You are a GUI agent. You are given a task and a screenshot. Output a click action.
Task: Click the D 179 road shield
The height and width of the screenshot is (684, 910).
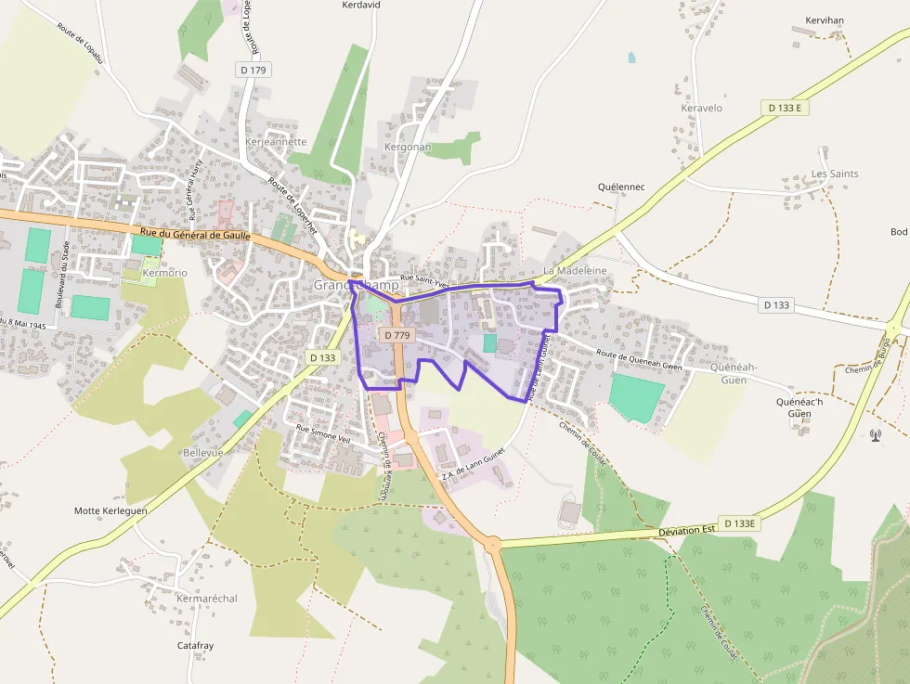(x=252, y=70)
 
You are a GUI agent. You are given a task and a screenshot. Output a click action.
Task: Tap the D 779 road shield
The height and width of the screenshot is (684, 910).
(x=396, y=335)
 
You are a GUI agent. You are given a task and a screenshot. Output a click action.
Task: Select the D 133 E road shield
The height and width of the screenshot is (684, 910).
(x=784, y=108)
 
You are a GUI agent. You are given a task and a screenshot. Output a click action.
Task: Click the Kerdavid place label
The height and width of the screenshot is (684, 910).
(x=362, y=5)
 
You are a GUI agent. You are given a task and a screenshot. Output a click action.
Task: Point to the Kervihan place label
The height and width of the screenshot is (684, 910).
(x=824, y=19)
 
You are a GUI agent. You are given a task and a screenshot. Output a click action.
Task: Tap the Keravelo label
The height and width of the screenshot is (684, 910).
(x=701, y=108)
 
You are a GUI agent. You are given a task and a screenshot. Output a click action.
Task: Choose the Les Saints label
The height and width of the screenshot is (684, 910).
(x=835, y=174)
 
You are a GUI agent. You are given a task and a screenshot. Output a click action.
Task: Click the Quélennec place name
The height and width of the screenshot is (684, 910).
(x=621, y=187)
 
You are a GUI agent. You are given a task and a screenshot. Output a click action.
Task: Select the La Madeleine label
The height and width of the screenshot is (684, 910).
(x=575, y=270)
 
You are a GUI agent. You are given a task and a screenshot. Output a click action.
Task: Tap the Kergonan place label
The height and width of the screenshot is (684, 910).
(x=408, y=147)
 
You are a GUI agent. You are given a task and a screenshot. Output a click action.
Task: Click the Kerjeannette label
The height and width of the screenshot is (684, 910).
(x=277, y=142)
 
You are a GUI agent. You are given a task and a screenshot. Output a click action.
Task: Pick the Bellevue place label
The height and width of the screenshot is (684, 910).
(x=203, y=451)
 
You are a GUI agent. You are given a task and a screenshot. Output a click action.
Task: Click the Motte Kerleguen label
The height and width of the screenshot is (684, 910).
(x=110, y=510)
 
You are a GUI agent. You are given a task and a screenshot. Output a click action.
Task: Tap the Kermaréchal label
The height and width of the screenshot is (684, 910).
(x=207, y=599)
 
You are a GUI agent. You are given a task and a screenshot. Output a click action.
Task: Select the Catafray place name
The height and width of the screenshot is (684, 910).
(x=195, y=645)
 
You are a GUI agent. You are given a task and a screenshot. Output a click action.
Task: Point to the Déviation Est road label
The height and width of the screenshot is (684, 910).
(x=686, y=530)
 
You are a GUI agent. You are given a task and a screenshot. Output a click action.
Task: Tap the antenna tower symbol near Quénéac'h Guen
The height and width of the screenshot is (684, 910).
(x=875, y=433)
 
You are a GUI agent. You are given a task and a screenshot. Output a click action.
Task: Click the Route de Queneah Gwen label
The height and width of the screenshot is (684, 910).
(x=641, y=360)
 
